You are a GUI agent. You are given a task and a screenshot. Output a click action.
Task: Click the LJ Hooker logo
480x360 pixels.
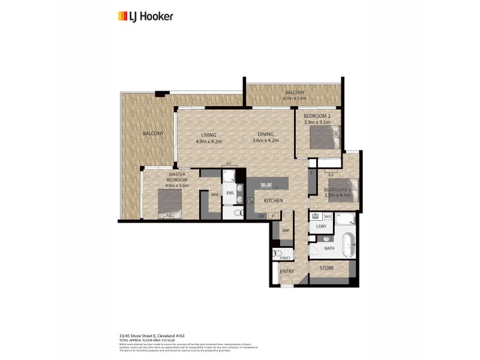coord(145,16)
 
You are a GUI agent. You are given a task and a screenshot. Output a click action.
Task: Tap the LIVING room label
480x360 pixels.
coord(208,135)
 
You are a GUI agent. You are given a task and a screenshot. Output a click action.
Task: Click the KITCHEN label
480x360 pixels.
coord(273,200)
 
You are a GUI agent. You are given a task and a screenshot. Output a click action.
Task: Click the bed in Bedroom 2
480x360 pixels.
coord(324,137)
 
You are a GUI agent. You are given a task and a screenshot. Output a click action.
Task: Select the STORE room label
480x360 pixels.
coord(326,268)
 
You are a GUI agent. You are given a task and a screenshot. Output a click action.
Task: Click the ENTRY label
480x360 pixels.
coord(287,272)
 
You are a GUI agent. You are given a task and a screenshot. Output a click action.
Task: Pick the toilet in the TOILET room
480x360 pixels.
coord(277,253)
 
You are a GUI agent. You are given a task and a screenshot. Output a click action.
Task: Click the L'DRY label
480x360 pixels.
coord(317,227)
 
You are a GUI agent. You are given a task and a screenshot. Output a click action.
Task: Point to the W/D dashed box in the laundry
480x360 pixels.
coord(328,216)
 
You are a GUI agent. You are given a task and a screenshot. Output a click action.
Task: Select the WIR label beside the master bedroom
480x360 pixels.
coord(214,194)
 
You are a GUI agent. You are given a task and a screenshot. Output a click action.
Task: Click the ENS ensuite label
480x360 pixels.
coord(230,193)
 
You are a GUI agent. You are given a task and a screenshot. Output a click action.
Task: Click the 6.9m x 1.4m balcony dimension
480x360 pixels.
coord(294,98)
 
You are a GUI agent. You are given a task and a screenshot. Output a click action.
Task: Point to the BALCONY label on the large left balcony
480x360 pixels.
coord(153,133)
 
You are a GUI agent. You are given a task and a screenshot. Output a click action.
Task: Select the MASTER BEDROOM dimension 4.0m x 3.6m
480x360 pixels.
coord(177,185)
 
